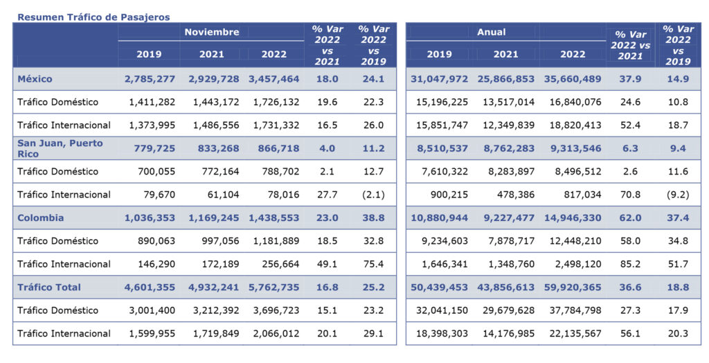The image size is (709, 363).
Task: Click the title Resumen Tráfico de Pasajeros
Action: (93, 17)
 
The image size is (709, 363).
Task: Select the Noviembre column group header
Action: (211, 32)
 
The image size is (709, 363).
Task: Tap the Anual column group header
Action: (491, 32)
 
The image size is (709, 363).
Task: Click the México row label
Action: (35, 79)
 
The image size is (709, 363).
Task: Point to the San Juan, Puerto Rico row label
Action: (60, 148)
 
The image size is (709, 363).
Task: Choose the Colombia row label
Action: (41, 218)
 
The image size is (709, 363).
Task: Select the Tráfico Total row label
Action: (49, 287)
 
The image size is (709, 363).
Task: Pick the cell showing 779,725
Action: (150, 148)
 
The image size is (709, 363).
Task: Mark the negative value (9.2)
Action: (678, 195)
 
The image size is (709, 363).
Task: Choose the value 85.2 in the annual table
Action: (631, 264)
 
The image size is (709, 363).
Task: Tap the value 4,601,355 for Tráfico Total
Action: (150, 287)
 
